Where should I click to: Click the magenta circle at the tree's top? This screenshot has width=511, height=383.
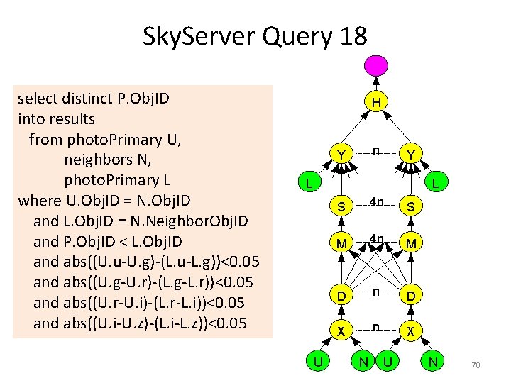point(375,65)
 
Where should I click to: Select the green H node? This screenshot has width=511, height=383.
point(376,103)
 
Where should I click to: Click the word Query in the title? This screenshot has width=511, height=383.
point(292,35)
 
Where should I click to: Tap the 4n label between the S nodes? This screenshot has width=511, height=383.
point(376,202)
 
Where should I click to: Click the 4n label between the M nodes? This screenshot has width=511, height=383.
point(376,239)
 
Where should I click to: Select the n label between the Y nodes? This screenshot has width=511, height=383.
point(376,150)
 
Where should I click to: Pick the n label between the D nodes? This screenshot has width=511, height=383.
point(376,291)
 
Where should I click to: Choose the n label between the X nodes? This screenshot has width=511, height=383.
point(376,328)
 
